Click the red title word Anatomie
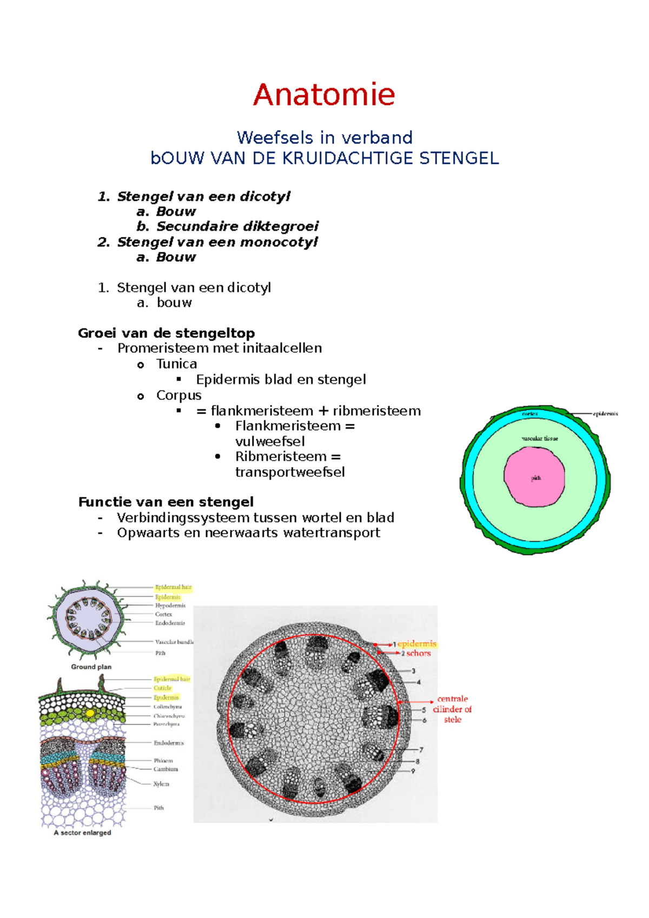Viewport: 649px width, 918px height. [x=324, y=95]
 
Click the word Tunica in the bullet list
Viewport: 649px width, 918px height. [x=176, y=364]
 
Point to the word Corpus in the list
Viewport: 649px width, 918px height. [x=178, y=395]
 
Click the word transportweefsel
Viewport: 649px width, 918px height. [x=290, y=472]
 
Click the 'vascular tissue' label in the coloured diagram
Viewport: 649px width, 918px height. [x=540, y=438]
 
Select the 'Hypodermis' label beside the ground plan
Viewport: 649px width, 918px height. [x=170, y=606]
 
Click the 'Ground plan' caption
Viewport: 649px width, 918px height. [x=91, y=667]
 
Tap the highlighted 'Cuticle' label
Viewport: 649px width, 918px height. [x=162, y=688]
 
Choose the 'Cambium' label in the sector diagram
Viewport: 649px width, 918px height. [x=165, y=769]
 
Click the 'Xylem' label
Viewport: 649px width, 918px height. [x=161, y=783]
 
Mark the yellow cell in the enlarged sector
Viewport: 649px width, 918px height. [x=90, y=713]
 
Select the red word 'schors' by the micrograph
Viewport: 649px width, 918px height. [x=419, y=653]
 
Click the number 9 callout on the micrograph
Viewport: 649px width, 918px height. [x=413, y=771]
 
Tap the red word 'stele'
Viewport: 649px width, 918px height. [x=453, y=720]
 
